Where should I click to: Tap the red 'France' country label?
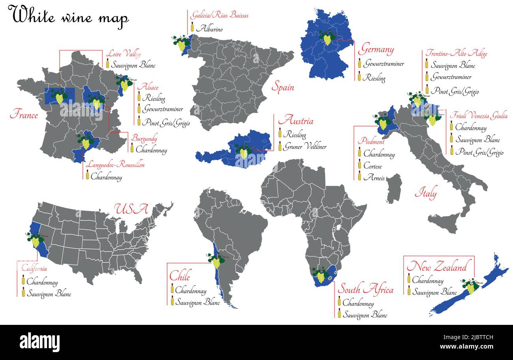24,115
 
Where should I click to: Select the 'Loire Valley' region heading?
123,54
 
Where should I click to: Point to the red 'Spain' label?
283,87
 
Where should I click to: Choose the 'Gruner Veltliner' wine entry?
305,147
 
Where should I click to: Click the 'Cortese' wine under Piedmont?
372,166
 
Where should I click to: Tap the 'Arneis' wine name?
374,178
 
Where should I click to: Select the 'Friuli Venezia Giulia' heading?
479,116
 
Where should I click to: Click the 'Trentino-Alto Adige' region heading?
456,53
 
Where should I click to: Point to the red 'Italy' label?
425,194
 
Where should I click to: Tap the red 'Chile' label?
180,275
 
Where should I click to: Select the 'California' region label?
34,269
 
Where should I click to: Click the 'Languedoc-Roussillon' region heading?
115,164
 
